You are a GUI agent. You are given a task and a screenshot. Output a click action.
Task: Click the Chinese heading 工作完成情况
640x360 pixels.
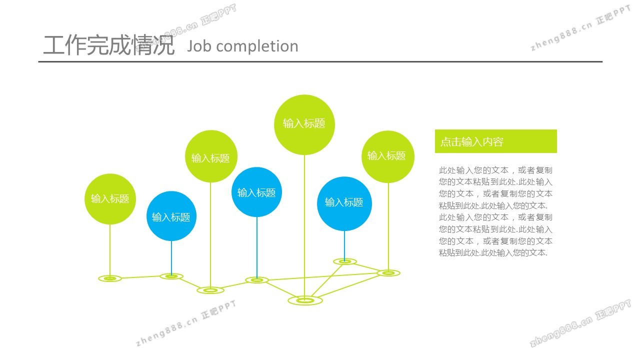[109, 45]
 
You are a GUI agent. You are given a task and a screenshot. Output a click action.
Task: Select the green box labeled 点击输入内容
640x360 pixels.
[495, 141]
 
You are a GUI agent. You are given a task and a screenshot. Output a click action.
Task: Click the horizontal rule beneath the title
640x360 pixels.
[320, 62]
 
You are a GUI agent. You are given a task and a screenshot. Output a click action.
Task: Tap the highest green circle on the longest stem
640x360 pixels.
[304, 124]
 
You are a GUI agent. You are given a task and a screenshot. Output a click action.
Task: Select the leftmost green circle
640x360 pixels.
[110, 199]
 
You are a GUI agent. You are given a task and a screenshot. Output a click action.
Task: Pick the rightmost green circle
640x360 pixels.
[387, 156]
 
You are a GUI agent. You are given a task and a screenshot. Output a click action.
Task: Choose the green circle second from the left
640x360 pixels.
[210, 156]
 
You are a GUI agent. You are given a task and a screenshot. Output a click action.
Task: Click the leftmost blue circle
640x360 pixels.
[171, 216]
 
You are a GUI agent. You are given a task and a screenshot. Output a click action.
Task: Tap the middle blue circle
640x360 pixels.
[257, 192]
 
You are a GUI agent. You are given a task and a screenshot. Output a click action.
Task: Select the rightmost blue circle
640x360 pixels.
[344, 203]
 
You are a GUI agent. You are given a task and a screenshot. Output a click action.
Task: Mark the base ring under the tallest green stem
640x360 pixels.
[305, 300]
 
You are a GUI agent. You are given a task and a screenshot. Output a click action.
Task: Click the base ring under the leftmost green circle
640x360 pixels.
[110, 278]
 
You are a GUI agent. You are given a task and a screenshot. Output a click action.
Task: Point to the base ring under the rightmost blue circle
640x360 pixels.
[344, 261]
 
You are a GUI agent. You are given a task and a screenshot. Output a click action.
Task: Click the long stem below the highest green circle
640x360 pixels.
[304, 225]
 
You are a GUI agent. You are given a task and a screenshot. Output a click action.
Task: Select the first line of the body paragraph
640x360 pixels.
[495, 170]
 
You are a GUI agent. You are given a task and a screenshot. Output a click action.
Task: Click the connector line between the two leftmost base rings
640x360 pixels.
[140, 277]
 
